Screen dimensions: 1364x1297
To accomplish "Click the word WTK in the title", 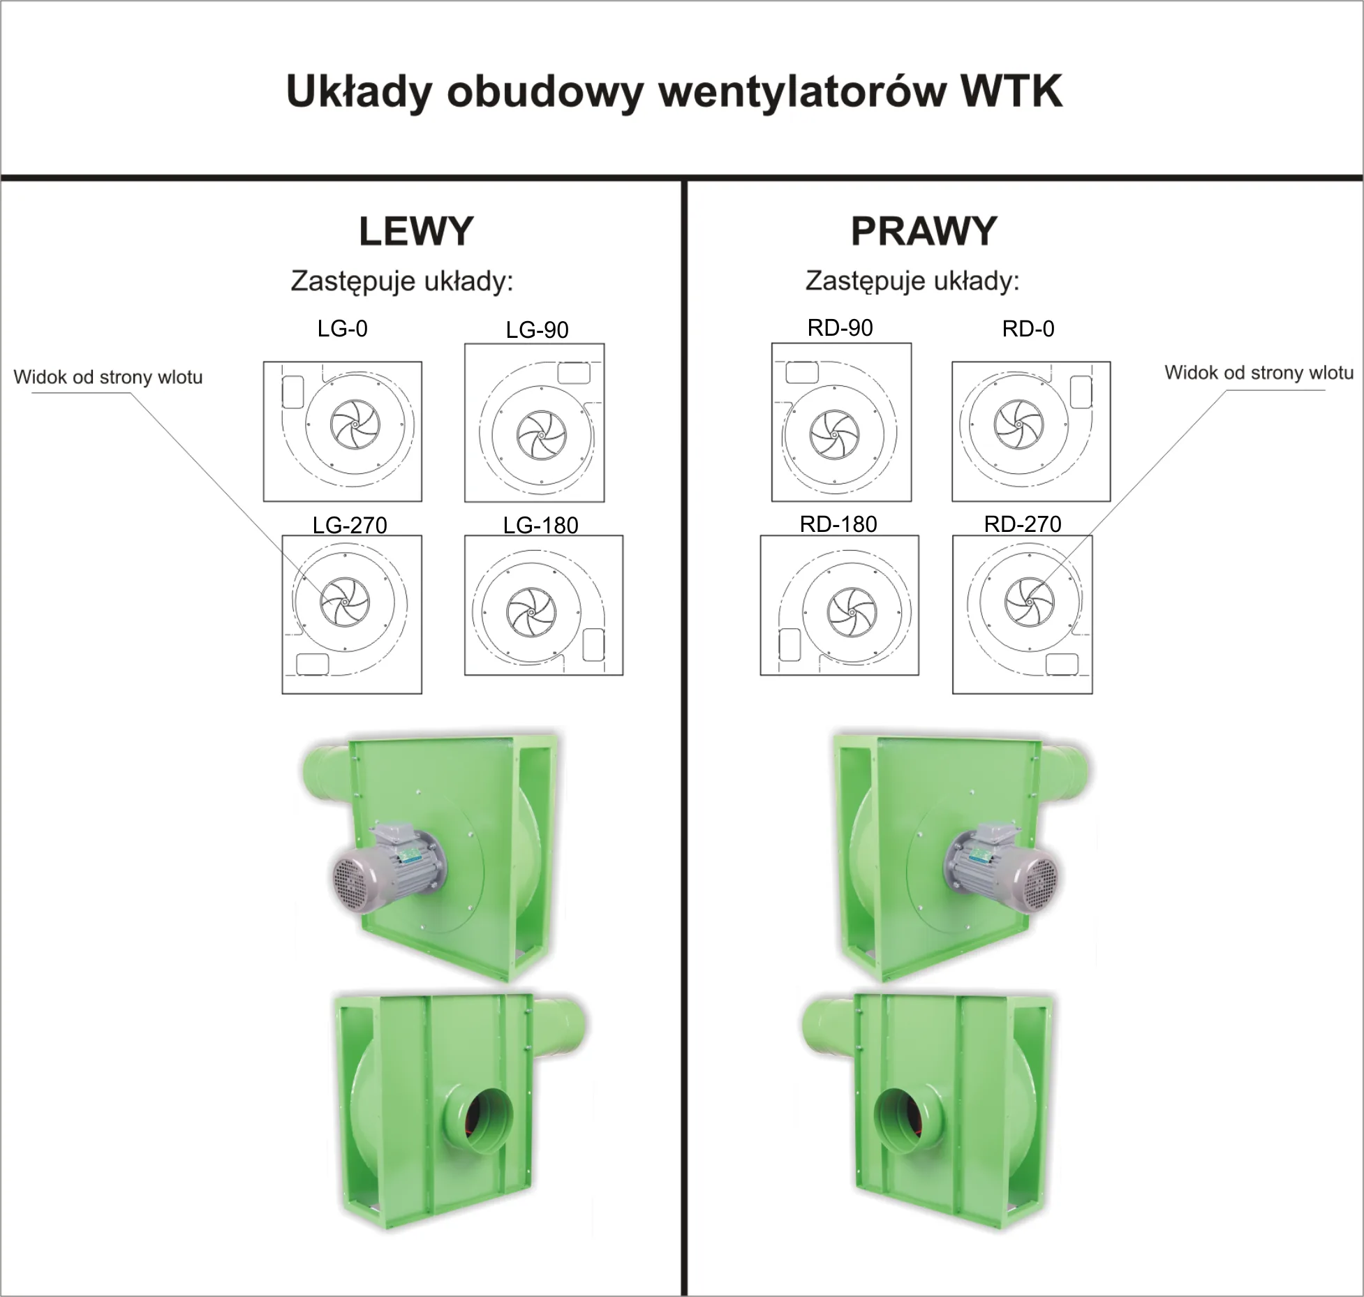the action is (x=1011, y=91).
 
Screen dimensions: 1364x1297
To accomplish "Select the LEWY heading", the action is (x=416, y=231).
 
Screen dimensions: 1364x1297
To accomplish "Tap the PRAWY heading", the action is (x=924, y=231).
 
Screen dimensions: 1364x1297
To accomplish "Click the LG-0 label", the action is (x=342, y=328).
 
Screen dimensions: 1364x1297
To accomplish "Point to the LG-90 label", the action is (x=537, y=329).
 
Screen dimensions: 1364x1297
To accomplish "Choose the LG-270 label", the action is (x=350, y=525).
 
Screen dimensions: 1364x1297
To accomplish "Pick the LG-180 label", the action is (x=540, y=525).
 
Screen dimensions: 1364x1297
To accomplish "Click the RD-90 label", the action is (x=840, y=328).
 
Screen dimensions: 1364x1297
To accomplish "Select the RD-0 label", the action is (x=1028, y=329).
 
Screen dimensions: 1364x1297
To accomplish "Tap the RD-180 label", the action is (x=838, y=524).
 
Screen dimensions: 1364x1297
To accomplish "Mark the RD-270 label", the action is (x=1023, y=524).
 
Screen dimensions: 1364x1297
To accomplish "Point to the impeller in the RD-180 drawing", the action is (x=852, y=612).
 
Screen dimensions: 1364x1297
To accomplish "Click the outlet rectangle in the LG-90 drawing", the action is (x=574, y=373).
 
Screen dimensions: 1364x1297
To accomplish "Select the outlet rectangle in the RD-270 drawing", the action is (x=1062, y=664).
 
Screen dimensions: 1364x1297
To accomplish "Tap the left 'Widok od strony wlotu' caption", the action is (x=108, y=378).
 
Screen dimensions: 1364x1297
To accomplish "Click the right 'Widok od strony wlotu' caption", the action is (x=1259, y=373).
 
